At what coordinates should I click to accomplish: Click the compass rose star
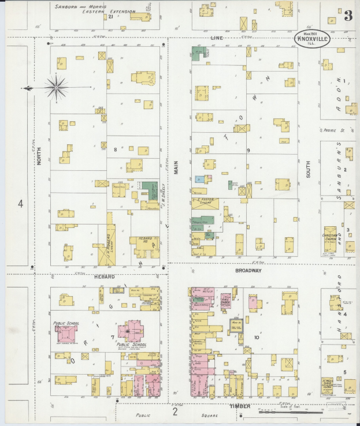56,88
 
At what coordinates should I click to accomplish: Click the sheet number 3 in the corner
348,16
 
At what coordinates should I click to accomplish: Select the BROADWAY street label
249,270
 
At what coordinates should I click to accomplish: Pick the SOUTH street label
309,168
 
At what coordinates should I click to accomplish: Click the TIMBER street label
240,406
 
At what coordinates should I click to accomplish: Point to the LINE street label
217,38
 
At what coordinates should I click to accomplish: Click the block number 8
116,150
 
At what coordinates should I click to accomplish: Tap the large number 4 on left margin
20,204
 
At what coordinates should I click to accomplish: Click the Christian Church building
330,238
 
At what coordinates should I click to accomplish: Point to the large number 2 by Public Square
175,412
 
